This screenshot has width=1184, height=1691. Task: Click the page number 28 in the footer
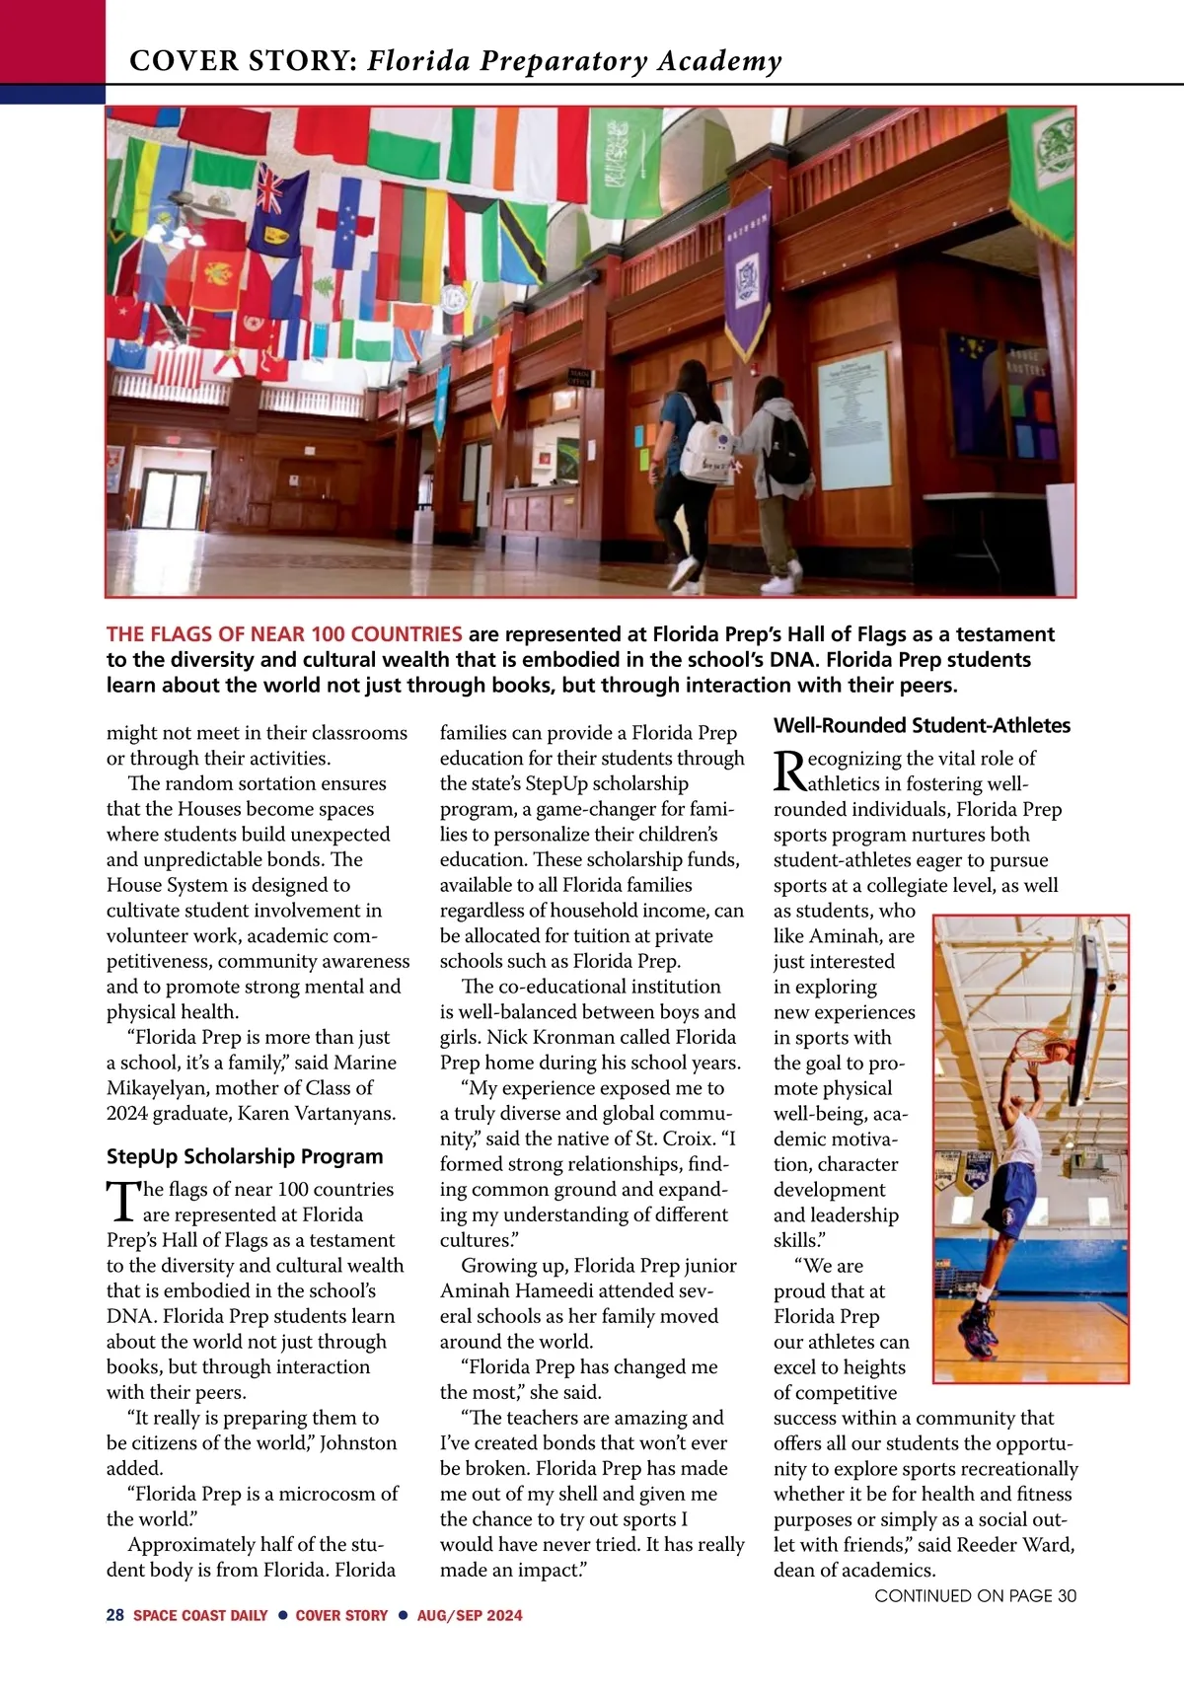pyautogui.click(x=115, y=1615)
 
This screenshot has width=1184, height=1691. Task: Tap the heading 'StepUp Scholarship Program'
pyautogui.click(x=245, y=1156)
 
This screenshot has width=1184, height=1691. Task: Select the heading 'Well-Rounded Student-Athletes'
pyautogui.click(x=922, y=725)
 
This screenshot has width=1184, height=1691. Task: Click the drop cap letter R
pyautogui.click(x=789, y=772)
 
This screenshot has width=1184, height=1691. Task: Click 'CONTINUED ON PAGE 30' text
pyautogui.click(x=975, y=1595)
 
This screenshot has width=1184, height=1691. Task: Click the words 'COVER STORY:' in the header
pyautogui.click(x=243, y=61)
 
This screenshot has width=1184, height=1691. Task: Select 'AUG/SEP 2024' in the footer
pyautogui.click(x=470, y=1615)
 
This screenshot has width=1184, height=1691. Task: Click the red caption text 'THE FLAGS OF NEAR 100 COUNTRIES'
pyautogui.click(x=284, y=634)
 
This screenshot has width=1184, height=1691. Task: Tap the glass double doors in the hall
pyautogui.click(x=174, y=503)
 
